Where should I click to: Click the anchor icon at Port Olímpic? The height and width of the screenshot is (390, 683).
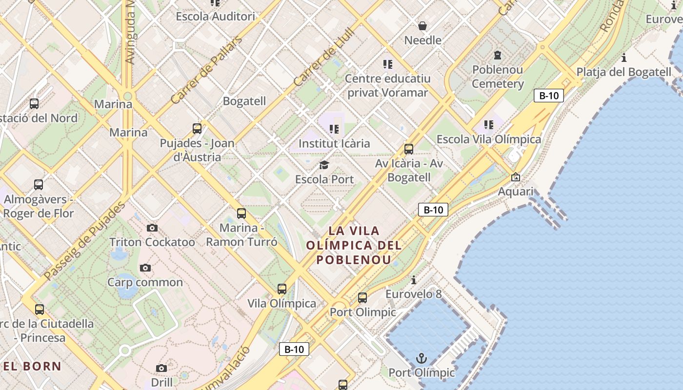click(x=421, y=359)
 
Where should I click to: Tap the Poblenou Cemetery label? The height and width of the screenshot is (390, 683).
click(x=498, y=77)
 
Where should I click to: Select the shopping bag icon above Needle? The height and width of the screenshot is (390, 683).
click(x=422, y=25)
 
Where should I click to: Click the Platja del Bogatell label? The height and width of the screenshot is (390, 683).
click(x=624, y=72)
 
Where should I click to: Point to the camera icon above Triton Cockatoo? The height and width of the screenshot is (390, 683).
click(x=152, y=228)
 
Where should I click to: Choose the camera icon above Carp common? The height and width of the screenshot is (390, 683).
click(x=145, y=268)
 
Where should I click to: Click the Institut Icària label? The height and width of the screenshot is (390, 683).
click(x=334, y=144)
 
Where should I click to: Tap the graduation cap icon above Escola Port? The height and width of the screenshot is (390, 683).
click(x=324, y=165)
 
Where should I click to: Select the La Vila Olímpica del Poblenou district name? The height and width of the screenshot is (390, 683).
click(x=354, y=245)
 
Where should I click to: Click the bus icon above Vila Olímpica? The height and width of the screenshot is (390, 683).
click(x=281, y=289)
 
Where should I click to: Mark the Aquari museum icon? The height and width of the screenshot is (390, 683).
click(x=515, y=177)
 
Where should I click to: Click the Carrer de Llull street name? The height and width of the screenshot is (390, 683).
click(x=324, y=58)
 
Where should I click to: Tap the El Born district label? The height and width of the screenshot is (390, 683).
click(x=33, y=366)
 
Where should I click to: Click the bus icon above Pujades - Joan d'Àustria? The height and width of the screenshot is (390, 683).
click(x=197, y=129)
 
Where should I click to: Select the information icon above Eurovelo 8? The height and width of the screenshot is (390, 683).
click(x=414, y=280)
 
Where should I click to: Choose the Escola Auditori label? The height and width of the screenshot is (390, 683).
click(x=215, y=17)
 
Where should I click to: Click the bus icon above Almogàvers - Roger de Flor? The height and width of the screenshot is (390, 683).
click(x=39, y=185)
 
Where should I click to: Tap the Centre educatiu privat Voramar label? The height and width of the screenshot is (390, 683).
click(x=387, y=85)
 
